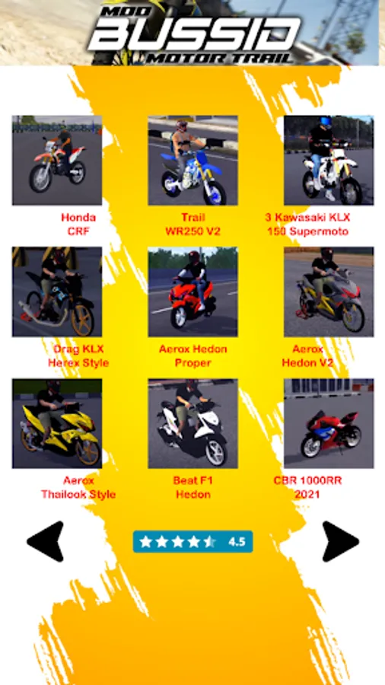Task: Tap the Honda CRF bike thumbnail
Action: [x=57, y=161]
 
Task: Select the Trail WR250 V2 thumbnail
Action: [x=193, y=161]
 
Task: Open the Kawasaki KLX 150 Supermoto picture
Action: [x=329, y=161]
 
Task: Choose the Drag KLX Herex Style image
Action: [x=57, y=292]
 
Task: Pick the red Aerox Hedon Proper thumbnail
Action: [x=193, y=292]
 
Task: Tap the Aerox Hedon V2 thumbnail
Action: [x=329, y=292]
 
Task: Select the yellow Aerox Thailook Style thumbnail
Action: [x=57, y=423]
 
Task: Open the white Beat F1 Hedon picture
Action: [x=193, y=423]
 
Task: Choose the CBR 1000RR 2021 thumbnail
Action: [x=329, y=423]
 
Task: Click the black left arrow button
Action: [x=46, y=541]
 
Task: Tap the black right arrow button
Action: [x=340, y=541]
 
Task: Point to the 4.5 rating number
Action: [x=237, y=542]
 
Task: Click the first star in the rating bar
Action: [x=145, y=542]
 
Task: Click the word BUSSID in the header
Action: [x=194, y=33]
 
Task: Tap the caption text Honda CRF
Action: [x=78, y=225]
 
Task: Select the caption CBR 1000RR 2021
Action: [x=307, y=488]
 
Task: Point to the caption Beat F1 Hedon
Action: [x=193, y=488]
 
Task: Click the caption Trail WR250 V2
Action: [x=193, y=225]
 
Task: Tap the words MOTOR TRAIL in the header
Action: [x=219, y=58]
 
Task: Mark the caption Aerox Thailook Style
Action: [x=78, y=488]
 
